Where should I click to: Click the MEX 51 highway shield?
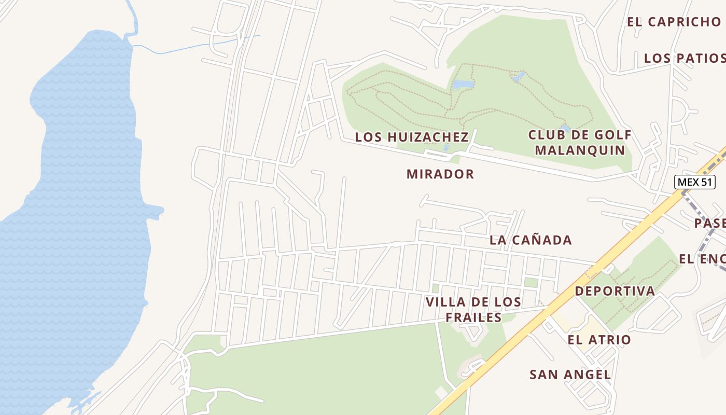click(694, 182)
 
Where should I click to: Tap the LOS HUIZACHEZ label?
click(412, 137)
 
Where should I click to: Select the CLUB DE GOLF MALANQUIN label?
click(580, 143)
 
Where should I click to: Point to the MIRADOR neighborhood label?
click(440, 174)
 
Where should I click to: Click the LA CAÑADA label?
click(530, 240)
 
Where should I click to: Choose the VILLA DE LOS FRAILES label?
click(473, 310)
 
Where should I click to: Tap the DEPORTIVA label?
click(615, 292)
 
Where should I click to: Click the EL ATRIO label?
click(599, 340)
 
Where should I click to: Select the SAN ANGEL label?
click(570, 375)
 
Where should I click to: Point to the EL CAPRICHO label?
click(674, 22)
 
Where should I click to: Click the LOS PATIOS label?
click(683, 58)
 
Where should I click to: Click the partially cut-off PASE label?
click(710, 223)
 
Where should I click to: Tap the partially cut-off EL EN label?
click(702, 259)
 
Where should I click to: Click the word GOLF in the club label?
click(610, 135)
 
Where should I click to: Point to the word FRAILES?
click(476, 317)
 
